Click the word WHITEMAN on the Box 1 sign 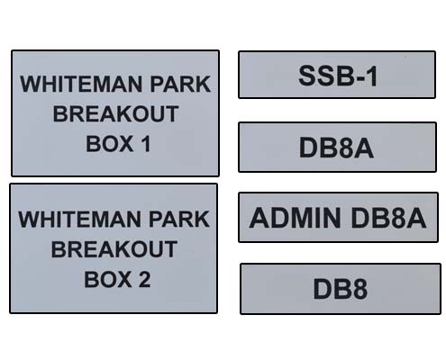[81, 84]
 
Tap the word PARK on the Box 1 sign [180, 84]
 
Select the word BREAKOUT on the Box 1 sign [115, 114]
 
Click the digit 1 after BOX [146, 144]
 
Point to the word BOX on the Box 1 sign [110, 144]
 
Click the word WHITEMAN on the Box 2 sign [79, 220]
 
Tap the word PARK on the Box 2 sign [179, 220]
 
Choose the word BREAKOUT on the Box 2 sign [114, 249]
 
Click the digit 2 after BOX [144, 279]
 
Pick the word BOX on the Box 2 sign [108, 279]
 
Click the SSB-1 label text [338, 76]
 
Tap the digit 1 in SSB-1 [372, 76]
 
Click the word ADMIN [295, 218]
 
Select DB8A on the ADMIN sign [388, 218]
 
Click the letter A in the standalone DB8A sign [364, 148]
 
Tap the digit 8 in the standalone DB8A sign [346, 148]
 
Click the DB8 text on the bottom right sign [341, 289]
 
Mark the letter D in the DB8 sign [322, 289]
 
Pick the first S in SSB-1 [307, 76]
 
